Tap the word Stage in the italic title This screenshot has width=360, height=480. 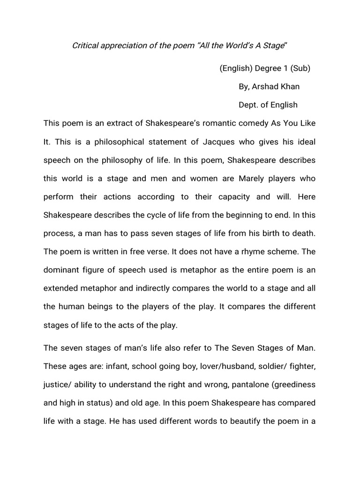coord(273,45)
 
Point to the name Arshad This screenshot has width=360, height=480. coord(267,87)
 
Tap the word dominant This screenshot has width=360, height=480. coord(62,270)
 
